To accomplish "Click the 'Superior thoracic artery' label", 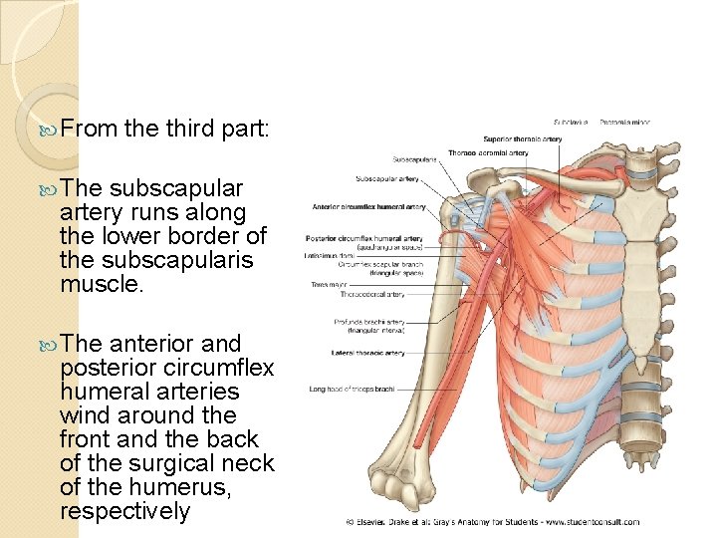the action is tap(522, 138).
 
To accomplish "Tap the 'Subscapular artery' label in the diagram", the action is tap(387, 179).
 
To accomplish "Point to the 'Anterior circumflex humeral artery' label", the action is tap(368, 207).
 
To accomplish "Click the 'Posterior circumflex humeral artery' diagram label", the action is tap(365, 239).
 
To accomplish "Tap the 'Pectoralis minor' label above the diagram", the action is tap(618, 122).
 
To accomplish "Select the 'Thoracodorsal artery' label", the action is tap(371, 295).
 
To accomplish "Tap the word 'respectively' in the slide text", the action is tap(124, 511).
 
